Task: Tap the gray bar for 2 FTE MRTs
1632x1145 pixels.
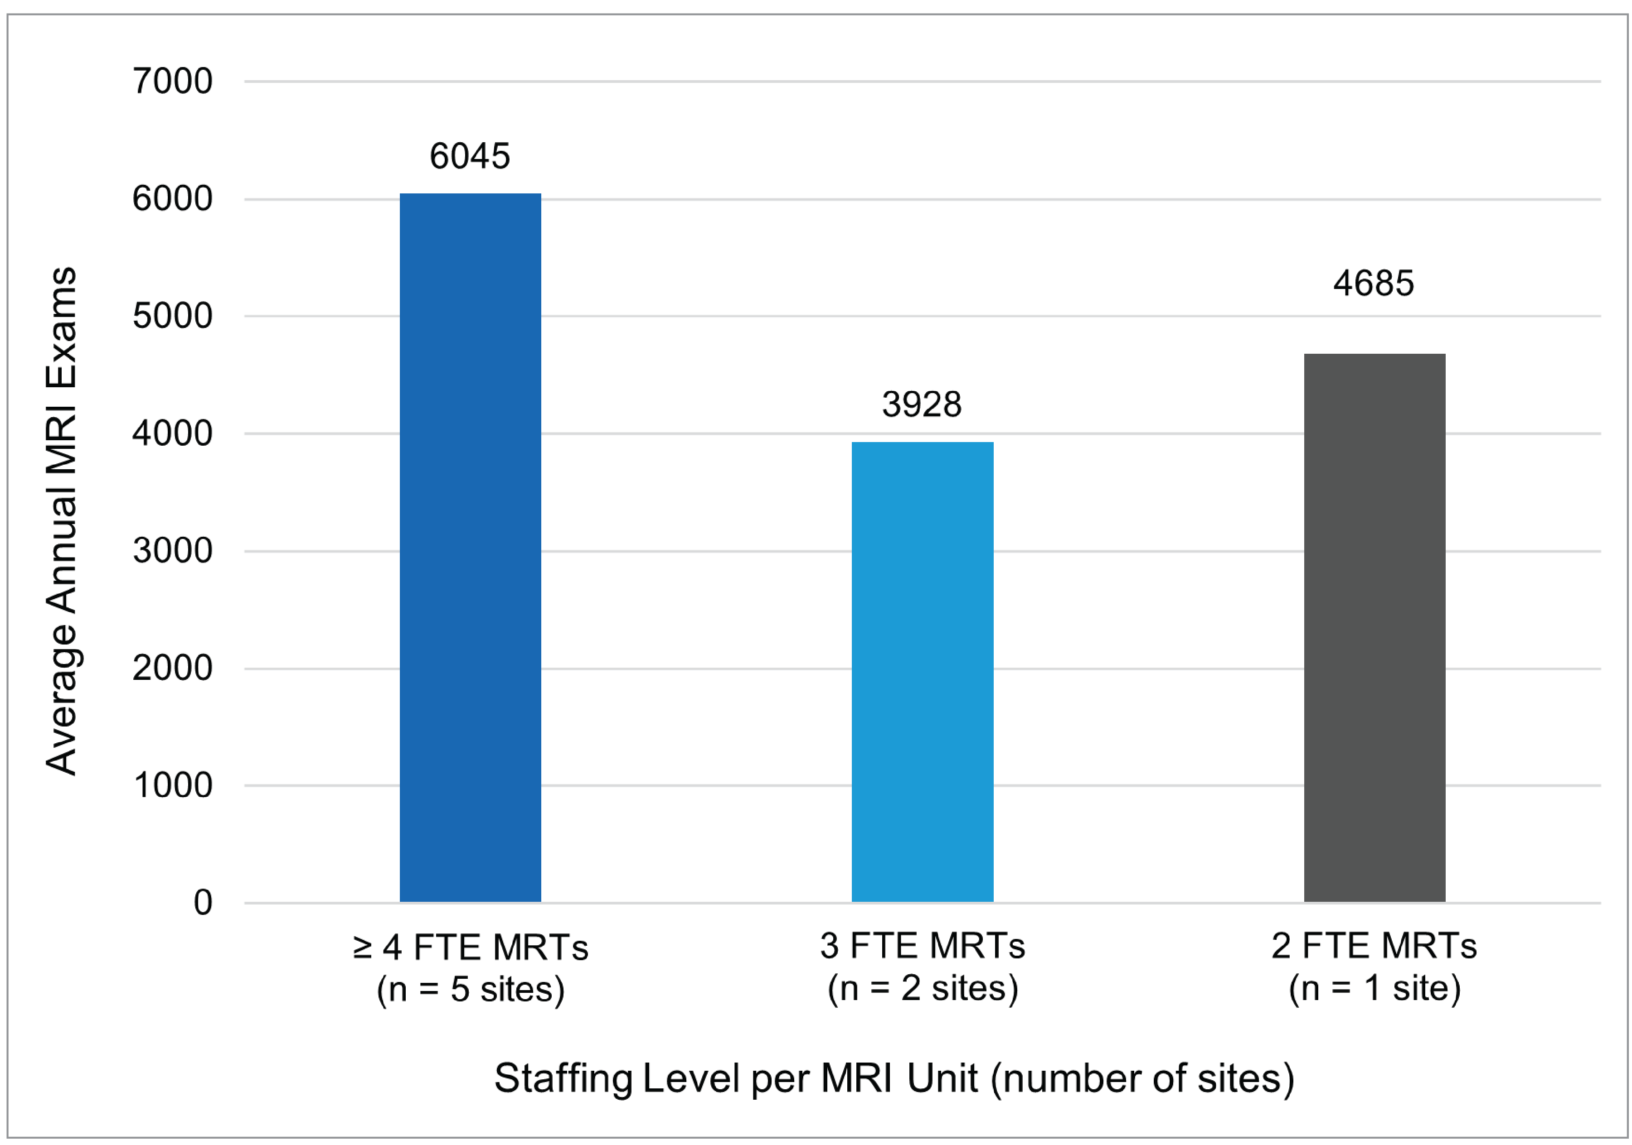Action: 1374,627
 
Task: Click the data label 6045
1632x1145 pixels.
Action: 470,156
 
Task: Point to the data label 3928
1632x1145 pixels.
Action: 922,405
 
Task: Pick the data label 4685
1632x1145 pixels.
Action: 1373,284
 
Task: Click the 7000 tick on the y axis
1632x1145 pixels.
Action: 173,82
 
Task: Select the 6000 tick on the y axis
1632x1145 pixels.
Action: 173,199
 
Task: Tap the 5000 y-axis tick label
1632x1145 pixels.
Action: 173,316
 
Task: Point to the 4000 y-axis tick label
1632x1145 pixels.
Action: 173,433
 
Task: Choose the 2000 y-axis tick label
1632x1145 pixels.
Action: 173,669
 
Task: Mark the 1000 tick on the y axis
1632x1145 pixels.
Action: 173,785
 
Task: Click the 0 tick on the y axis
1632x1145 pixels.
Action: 203,903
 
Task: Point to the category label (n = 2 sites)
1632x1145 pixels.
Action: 923,988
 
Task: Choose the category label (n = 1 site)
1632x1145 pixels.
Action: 1375,988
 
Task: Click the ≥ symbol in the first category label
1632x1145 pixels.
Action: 363,948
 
